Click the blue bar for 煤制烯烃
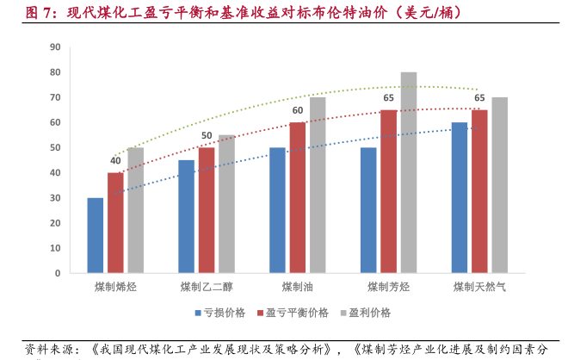pos(95,235)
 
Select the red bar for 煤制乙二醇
pos(207,210)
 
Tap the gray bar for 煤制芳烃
pos(409,172)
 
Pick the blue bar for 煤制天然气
pos(460,197)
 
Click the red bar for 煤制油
pos(297,197)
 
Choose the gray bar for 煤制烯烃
pos(135,210)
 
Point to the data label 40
pos(115,161)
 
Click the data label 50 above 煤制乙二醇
pos(207,136)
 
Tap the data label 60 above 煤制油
pos(297,110)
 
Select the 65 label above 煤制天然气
pos(479,98)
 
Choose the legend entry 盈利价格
pos(369,312)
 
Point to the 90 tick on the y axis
pos(55,47)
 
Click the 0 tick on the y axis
pos(58,273)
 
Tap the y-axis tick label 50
pos(55,147)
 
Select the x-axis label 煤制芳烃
pos(389,286)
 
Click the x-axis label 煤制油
pos(297,286)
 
